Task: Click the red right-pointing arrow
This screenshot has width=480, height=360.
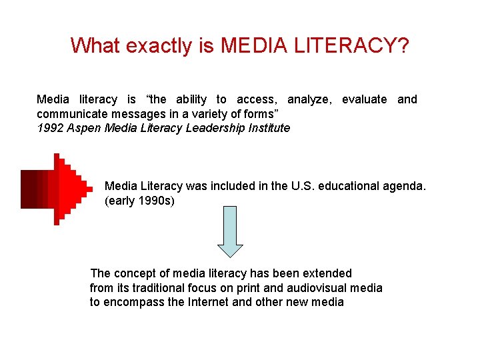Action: pyautogui.click(x=57, y=189)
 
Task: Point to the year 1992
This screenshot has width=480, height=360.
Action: pyautogui.click(x=50, y=127)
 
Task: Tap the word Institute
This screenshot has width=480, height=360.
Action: pyautogui.click(x=269, y=127)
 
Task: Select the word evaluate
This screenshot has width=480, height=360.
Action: pyautogui.click(x=364, y=99)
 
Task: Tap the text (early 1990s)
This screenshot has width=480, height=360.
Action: pyautogui.click(x=139, y=201)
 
